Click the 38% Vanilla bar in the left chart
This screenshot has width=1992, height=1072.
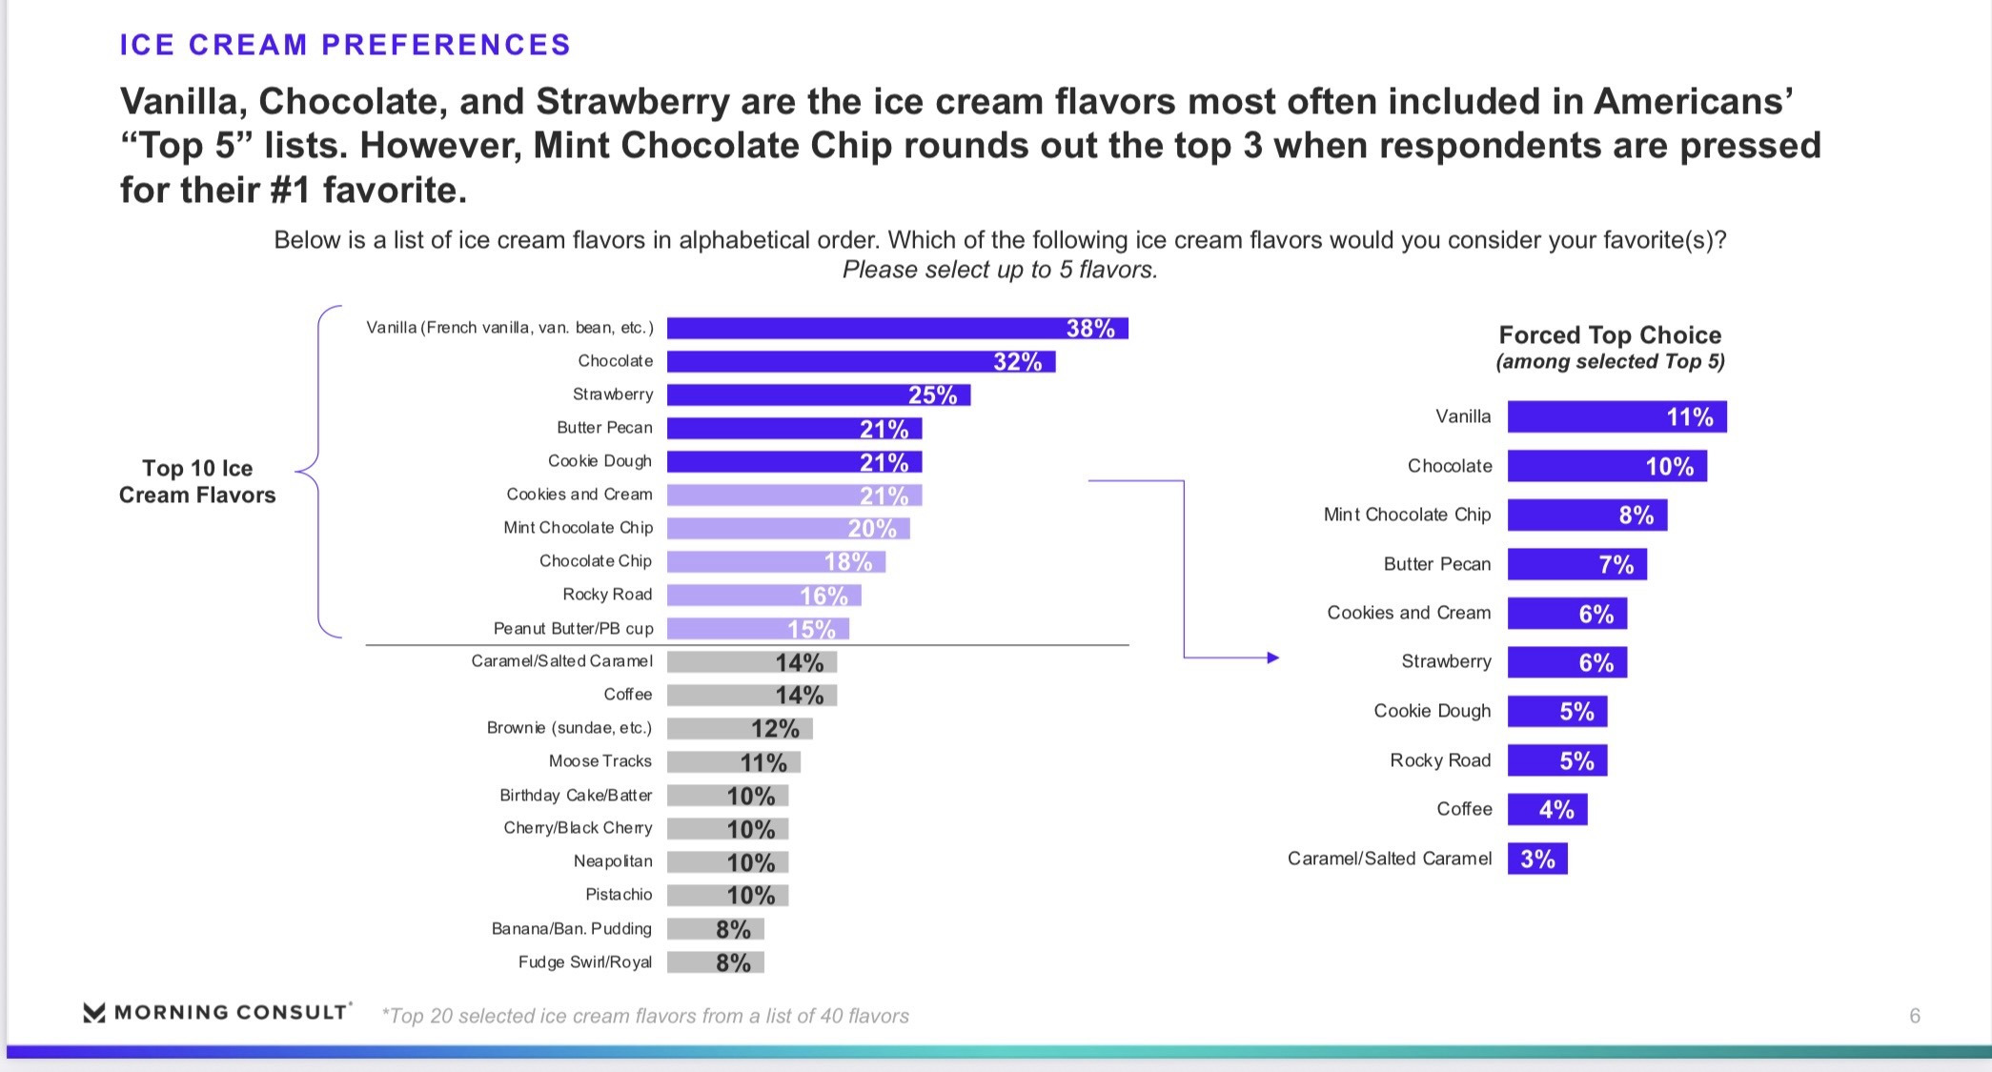click(897, 329)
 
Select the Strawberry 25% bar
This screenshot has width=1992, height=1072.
click(818, 394)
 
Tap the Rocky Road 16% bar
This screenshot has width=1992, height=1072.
click(763, 596)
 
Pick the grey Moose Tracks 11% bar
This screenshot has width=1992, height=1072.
click(733, 762)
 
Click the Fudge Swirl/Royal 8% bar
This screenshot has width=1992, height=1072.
click(715, 962)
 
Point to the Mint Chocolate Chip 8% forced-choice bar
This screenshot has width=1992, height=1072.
click(1587, 516)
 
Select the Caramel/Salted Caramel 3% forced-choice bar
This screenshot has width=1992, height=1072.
click(1537, 859)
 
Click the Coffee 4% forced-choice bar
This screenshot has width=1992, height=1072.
click(1547, 810)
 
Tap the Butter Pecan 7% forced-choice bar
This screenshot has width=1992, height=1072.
click(1576, 564)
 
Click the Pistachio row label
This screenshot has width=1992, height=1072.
click(619, 895)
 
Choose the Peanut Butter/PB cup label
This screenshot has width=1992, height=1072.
click(573, 629)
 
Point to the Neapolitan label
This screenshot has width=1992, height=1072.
click(613, 861)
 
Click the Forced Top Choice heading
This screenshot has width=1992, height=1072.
click(1610, 335)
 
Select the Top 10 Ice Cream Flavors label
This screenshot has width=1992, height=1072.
click(197, 481)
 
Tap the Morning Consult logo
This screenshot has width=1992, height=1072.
click(217, 1012)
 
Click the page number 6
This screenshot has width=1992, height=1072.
click(1915, 1016)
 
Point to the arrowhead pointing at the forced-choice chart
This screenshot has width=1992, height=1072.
click(1272, 657)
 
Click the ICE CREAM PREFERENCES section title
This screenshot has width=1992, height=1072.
click(345, 45)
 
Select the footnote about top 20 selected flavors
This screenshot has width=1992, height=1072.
click(645, 1017)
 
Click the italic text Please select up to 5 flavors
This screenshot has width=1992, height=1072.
click(1000, 271)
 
